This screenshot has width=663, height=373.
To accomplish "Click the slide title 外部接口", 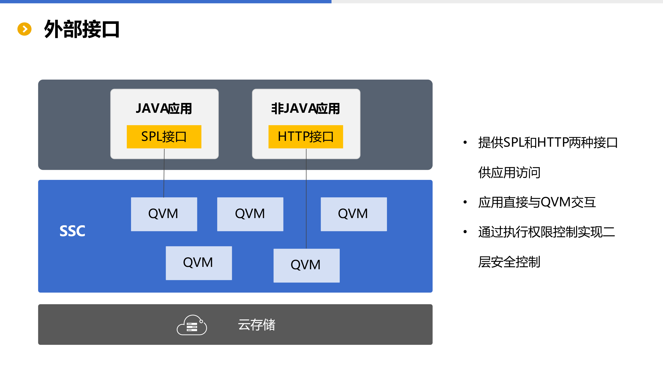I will [x=82, y=29].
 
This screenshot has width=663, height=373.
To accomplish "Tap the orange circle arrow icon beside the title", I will [x=24, y=29].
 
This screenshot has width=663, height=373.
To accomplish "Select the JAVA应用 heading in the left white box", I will [x=164, y=109].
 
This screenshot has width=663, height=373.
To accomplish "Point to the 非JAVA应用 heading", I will [x=306, y=109].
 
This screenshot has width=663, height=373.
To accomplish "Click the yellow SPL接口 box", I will [x=164, y=137].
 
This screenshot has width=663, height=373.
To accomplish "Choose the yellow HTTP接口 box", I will [x=306, y=137].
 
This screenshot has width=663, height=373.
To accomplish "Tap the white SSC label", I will [x=72, y=231].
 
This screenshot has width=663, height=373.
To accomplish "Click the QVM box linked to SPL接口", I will [x=164, y=214].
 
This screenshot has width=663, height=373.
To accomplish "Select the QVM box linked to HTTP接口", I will [x=306, y=265].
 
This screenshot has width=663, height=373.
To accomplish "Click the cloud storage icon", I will [x=192, y=325].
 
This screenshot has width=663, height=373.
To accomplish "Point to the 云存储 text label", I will [x=256, y=325].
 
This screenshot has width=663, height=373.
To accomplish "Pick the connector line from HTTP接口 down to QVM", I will [x=306, y=199].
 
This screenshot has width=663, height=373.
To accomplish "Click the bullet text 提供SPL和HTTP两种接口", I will [x=548, y=142].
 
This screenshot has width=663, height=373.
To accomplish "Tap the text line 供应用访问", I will [x=509, y=172].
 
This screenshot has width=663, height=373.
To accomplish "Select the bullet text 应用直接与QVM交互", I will [x=537, y=202].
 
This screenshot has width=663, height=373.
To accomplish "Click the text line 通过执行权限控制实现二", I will [x=546, y=232].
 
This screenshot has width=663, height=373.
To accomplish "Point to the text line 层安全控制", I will [x=509, y=262].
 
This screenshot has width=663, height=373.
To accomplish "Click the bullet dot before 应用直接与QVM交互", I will [x=465, y=202].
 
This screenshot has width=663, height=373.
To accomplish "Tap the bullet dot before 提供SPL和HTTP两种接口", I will [x=465, y=142].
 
